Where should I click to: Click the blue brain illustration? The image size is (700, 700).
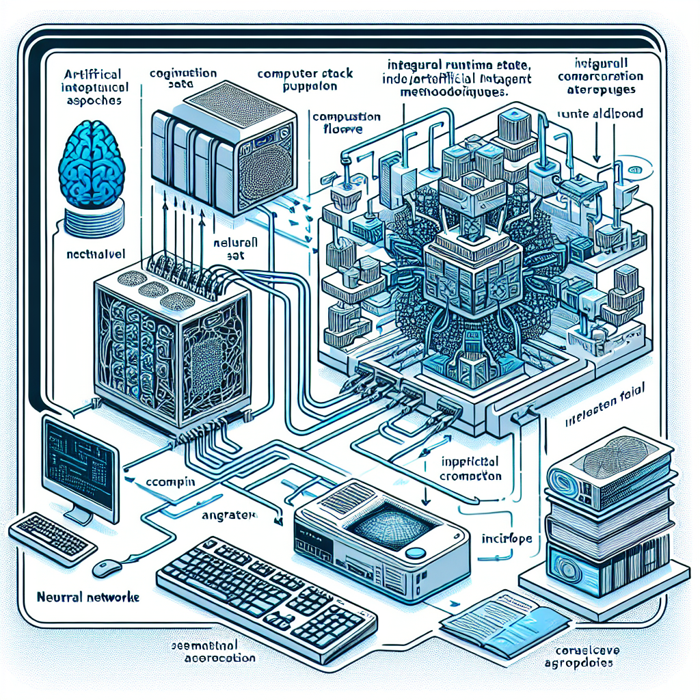92,164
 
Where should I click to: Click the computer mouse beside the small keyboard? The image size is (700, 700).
107,566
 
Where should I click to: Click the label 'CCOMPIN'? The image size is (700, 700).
170,482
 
